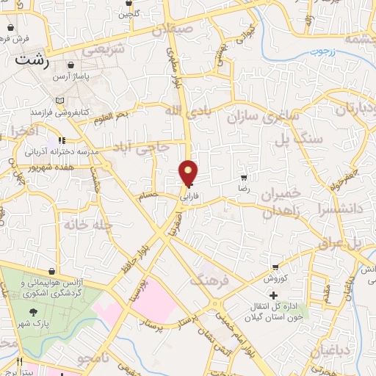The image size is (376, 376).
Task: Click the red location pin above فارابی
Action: point(189,173)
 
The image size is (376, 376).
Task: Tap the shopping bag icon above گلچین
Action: point(126,2)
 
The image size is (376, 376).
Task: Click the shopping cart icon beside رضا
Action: point(244,177)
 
